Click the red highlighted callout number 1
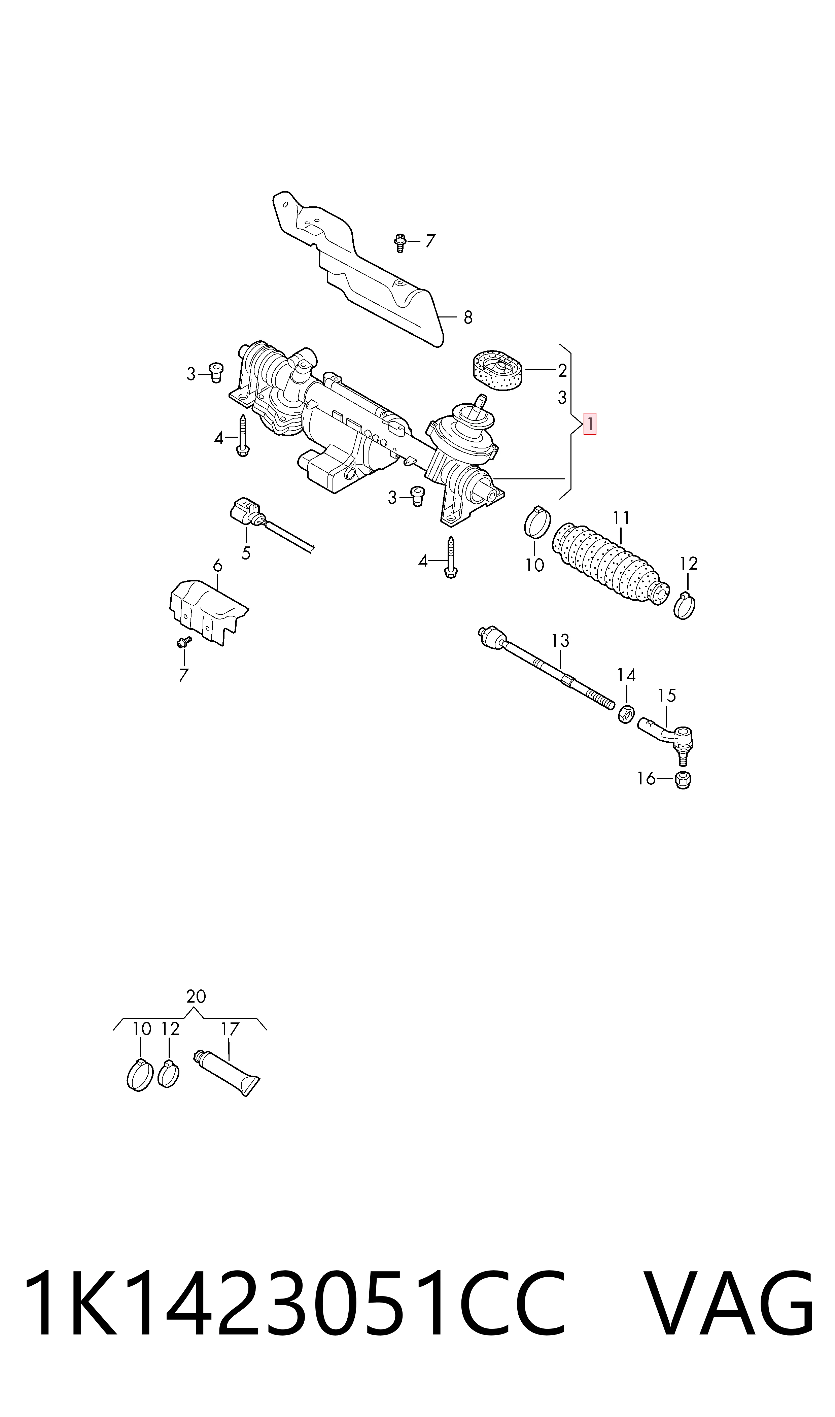click(x=590, y=424)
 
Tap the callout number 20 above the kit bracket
click(x=196, y=997)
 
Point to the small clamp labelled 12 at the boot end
click(x=684, y=606)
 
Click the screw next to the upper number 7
click(x=400, y=242)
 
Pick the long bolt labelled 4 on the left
click(x=243, y=436)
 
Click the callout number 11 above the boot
click(x=621, y=518)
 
